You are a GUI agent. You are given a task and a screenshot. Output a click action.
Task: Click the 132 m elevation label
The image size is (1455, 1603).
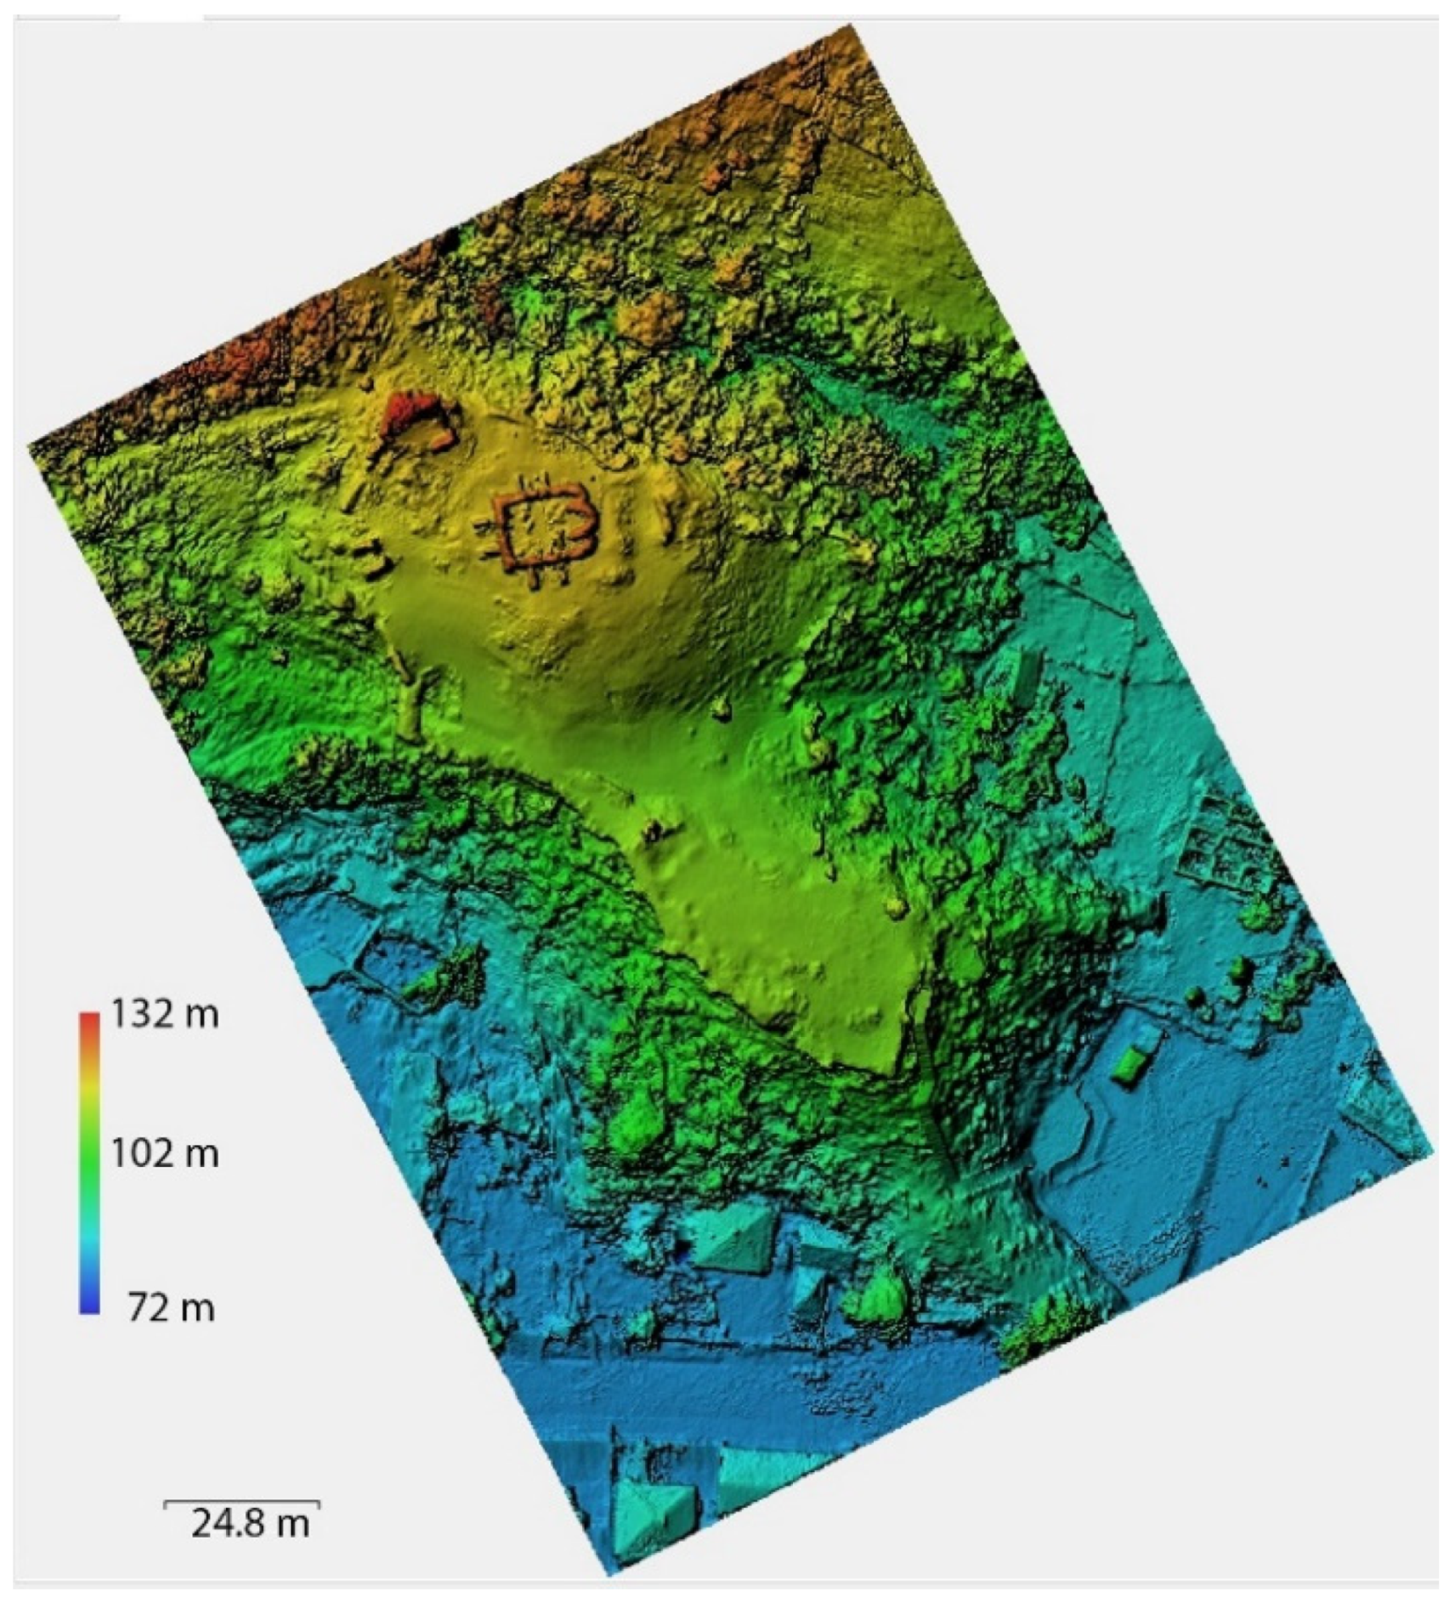coord(165,1014)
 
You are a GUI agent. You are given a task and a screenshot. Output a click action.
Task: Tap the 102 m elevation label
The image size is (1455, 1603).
coord(165,1153)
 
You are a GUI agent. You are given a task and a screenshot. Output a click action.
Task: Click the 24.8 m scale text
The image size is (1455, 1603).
coord(249,1522)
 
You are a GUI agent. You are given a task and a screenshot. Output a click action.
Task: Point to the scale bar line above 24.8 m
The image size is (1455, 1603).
coord(241,1502)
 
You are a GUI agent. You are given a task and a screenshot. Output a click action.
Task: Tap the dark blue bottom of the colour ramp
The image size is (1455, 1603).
coord(89,1305)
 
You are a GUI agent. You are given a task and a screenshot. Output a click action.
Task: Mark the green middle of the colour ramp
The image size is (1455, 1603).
coord(89,1160)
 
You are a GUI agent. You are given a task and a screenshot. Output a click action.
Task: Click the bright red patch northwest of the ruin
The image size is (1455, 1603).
coord(406,413)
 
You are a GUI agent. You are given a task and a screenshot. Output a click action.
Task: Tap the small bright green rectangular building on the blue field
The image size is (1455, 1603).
coord(1129,1064)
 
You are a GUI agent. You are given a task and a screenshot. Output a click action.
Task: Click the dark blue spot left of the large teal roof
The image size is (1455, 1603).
coord(682,1249)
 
